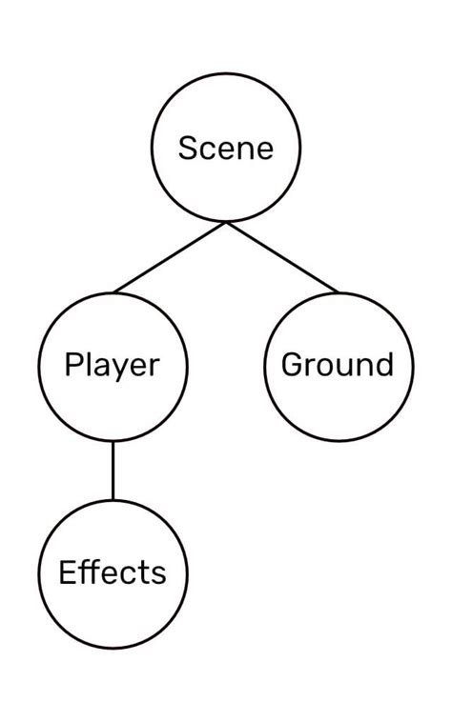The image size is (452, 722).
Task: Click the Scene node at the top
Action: tap(226, 148)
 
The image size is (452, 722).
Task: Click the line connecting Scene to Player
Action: tap(170, 257)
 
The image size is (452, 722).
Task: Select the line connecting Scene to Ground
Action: tap(282, 257)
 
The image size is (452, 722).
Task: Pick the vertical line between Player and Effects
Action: tap(113, 471)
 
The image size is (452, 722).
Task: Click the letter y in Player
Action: tap(117, 369)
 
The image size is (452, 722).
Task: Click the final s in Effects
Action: tap(158, 574)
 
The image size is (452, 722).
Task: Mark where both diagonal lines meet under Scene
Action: tap(226, 223)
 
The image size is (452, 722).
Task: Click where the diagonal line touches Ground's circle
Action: tap(339, 291)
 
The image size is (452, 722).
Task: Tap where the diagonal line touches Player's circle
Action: tap(113, 291)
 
